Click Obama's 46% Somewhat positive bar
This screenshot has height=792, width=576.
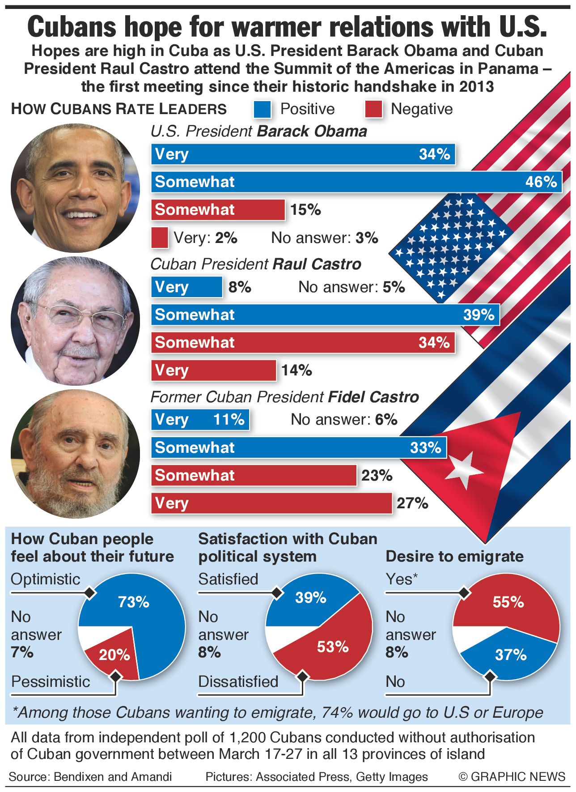[356, 182]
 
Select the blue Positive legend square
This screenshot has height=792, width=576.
[262, 109]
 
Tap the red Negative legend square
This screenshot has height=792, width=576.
[373, 109]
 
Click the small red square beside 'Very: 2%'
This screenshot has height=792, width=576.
[160, 238]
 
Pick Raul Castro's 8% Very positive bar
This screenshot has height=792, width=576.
[186, 287]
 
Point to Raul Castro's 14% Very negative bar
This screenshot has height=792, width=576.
[213, 370]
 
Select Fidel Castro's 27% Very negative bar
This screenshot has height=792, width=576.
[271, 503]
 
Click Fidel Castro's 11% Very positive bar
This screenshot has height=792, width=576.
[200, 420]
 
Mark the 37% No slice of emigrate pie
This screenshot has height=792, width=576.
[510, 655]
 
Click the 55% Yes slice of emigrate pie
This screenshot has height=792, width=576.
[508, 602]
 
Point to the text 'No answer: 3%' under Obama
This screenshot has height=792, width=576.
[325, 238]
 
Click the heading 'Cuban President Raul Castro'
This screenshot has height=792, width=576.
[255, 264]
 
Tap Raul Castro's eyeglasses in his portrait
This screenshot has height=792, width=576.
[80, 316]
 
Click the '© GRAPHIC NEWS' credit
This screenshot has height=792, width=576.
[512, 776]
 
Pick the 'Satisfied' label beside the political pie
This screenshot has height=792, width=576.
[228, 579]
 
